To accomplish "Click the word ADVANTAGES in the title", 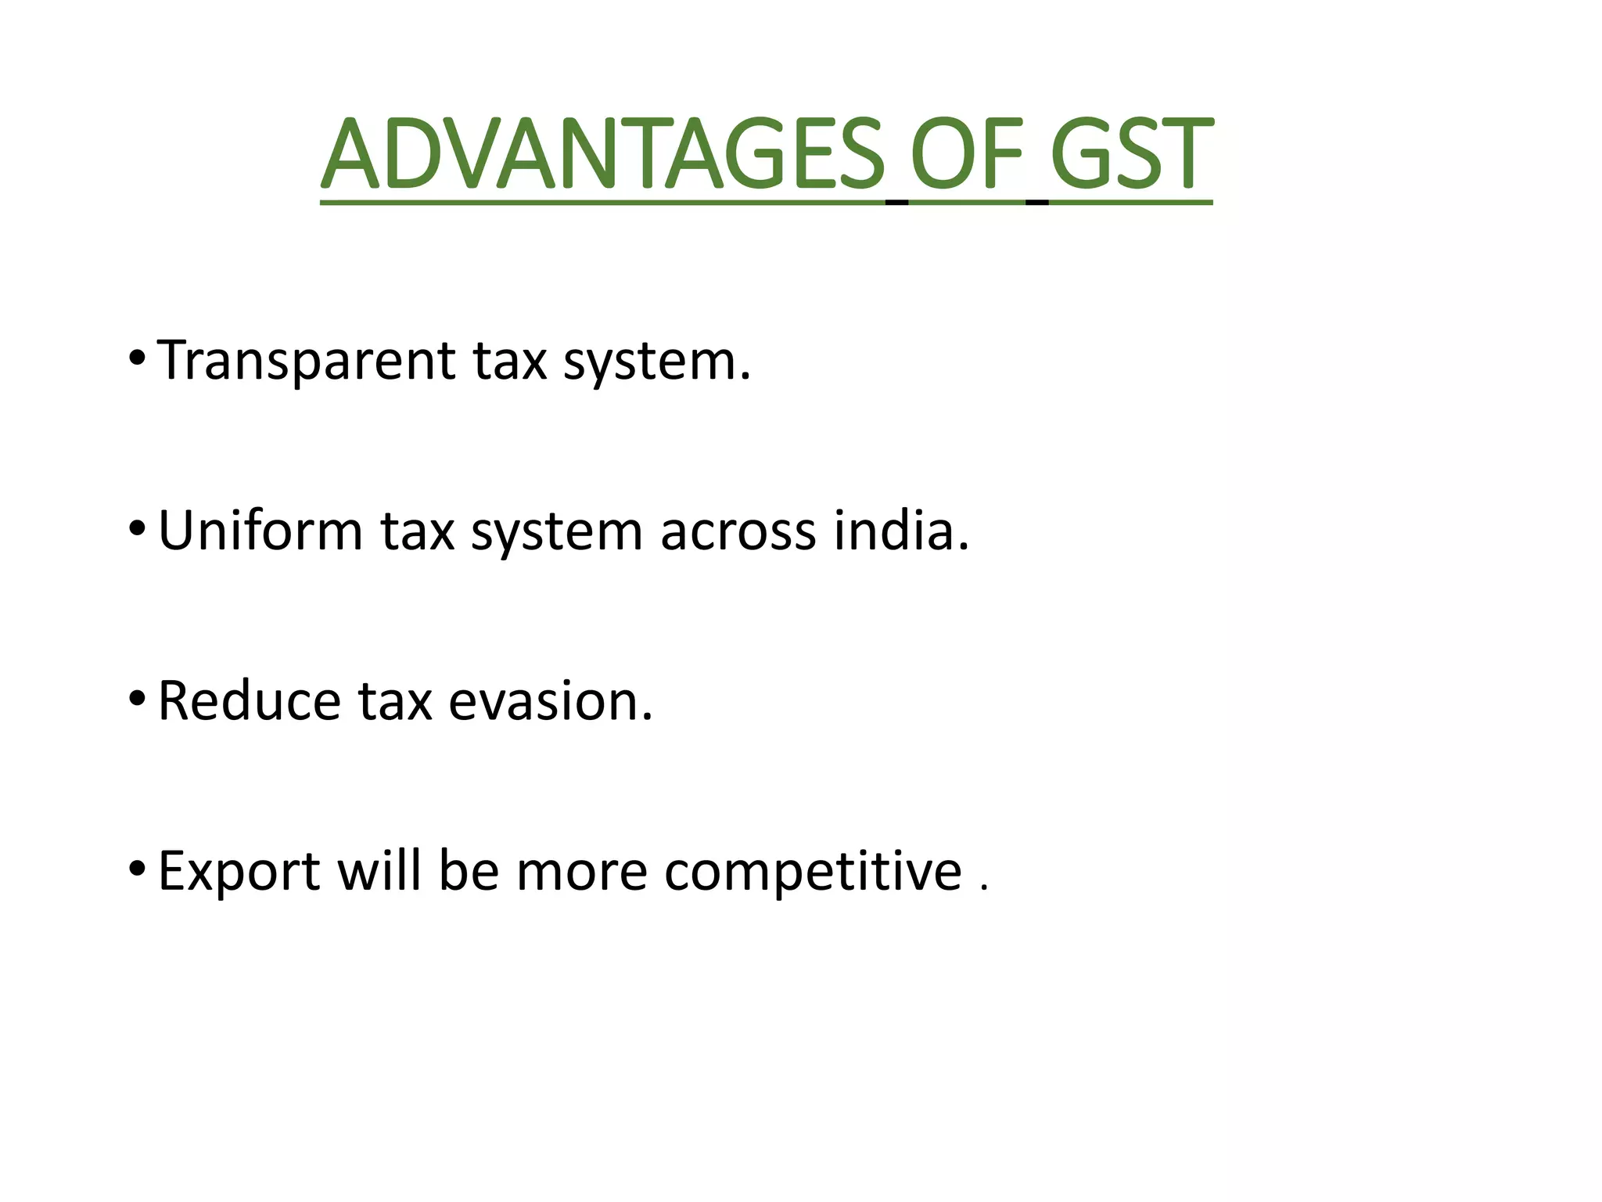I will tap(602, 154).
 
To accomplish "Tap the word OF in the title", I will tap(967, 154).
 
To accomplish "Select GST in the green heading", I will tap(1131, 154).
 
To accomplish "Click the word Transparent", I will tap(306, 362).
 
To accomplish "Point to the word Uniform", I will tap(260, 531).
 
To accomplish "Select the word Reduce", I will tap(249, 701).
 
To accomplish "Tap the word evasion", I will tap(550, 701).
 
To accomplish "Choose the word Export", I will tap(239, 872).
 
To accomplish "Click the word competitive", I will tap(813, 872).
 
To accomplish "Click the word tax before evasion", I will tap(395, 701).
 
